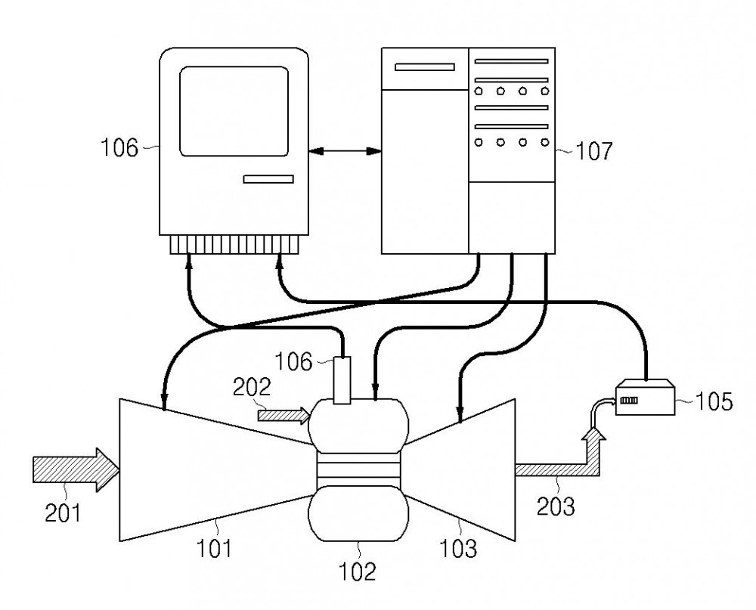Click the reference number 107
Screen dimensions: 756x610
point(594,151)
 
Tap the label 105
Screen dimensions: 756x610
point(714,401)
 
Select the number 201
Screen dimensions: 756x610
point(64,512)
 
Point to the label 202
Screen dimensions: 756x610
point(252,387)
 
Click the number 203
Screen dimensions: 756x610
point(556,506)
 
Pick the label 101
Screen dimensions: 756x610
point(214,548)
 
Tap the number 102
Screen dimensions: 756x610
point(357,572)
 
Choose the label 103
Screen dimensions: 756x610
point(458,548)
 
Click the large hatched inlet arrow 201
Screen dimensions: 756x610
point(76,470)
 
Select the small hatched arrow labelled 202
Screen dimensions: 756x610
point(283,415)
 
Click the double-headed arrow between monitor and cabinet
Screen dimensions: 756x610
point(345,151)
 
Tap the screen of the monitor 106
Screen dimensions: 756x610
point(234,111)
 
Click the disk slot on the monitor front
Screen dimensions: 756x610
point(268,179)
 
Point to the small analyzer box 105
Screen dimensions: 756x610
point(645,397)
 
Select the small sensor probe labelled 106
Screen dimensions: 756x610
point(342,380)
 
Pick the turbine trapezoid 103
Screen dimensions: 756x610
point(463,469)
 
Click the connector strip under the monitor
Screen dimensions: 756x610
point(234,244)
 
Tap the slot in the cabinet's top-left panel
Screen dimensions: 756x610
point(425,67)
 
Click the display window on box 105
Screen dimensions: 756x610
point(629,400)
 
